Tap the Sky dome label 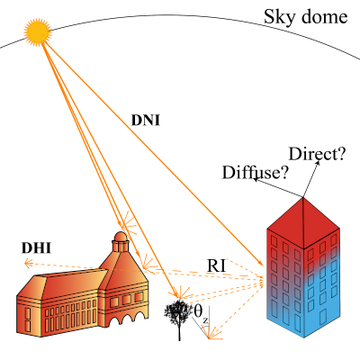(x=305, y=17)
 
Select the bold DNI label (x=146, y=121)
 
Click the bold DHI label (x=36, y=248)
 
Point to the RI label (x=216, y=265)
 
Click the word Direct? (x=317, y=154)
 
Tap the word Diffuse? (x=255, y=173)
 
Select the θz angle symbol (x=201, y=313)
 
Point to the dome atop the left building (x=121, y=236)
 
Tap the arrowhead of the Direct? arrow (x=318, y=163)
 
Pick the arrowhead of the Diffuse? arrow (x=256, y=179)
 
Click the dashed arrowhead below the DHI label (x=28, y=264)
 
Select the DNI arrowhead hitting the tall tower (x=260, y=263)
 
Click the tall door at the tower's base (x=323, y=318)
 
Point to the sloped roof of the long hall (x=75, y=282)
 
